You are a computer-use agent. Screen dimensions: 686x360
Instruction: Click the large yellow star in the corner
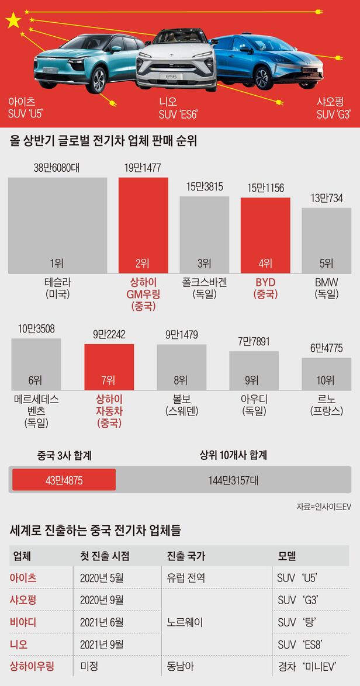coord(13,22)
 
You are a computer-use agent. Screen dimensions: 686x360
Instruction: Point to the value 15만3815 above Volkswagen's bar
coord(203,187)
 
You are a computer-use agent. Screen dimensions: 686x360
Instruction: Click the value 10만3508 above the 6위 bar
coord(36,329)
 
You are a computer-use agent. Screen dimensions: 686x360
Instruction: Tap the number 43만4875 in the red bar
coord(64,480)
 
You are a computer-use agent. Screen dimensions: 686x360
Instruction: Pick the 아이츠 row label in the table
coord(23,578)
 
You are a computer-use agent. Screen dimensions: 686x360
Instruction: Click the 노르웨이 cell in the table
coord(185,622)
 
